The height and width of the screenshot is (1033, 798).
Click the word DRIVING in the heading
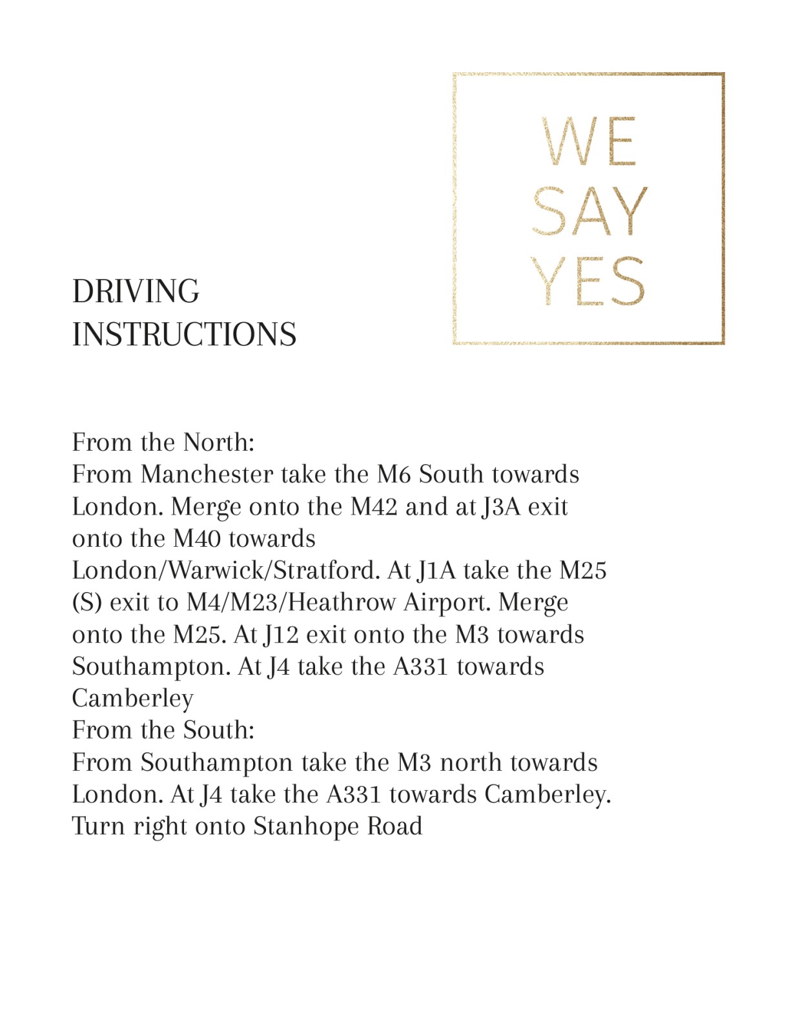(x=136, y=292)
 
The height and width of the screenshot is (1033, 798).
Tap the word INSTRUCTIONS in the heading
(x=184, y=335)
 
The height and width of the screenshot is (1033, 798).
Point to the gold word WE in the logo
(x=589, y=142)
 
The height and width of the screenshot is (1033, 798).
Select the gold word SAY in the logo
(x=589, y=212)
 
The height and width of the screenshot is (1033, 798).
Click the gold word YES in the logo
(x=588, y=281)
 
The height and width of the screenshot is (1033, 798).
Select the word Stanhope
(x=306, y=827)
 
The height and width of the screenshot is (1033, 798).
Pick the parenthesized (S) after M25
(x=87, y=603)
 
